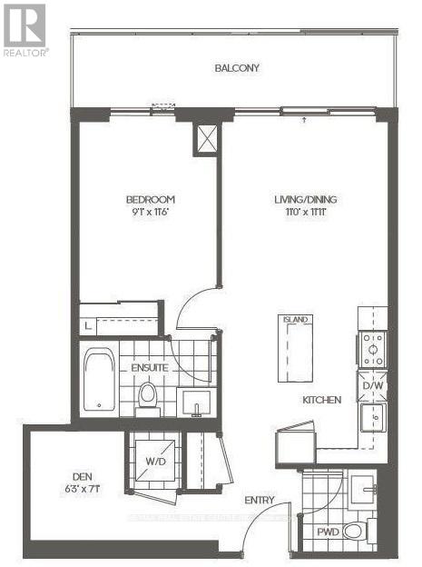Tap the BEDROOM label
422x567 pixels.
pos(150,200)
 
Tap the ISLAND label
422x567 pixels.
pos(295,320)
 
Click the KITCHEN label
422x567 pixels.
pos(322,400)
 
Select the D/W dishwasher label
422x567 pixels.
pos(372,386)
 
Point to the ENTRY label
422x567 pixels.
pos(259,501)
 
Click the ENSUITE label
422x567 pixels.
pos(148,368)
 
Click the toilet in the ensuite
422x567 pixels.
pos(148,396)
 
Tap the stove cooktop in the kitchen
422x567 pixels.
pos(373,348)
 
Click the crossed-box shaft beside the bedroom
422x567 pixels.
pos(207,138)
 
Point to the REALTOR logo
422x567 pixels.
pos(24,29)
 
